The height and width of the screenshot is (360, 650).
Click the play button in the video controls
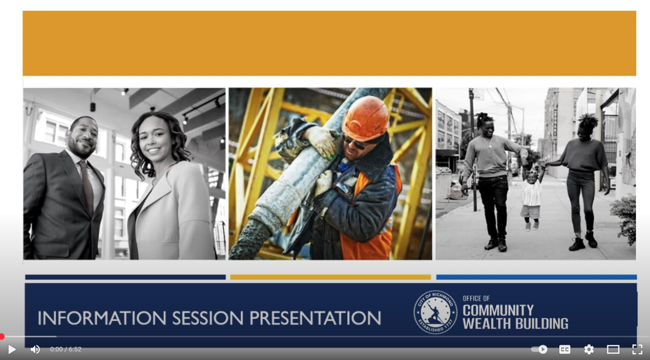tap(12, 349)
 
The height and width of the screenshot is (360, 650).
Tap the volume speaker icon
tap(35, 349)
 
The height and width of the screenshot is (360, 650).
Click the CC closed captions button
tap(565, 349)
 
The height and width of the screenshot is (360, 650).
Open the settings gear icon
tap(589, 349)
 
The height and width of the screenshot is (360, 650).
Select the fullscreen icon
tap(637, 349)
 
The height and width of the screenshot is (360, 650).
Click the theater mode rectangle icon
tap(613, 349)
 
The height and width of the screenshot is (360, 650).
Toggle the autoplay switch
tap(539, 349)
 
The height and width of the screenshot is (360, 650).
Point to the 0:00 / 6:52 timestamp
tap(66, 349)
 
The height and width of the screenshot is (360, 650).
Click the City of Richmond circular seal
tap(435, 313)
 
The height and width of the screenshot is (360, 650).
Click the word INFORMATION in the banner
tap(102, 318)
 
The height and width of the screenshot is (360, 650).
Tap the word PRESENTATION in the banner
tap(315, 318)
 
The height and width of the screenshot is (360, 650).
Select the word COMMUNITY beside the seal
tap(498, 311)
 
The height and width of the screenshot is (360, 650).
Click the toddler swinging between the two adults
tap(531, 198)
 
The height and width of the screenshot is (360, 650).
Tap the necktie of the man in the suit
tap(87, 186)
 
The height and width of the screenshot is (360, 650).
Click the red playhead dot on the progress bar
tap(2, 336)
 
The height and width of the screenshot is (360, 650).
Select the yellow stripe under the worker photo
tap(331, 277)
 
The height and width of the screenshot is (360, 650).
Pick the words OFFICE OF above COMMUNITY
tap(476, 298)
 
